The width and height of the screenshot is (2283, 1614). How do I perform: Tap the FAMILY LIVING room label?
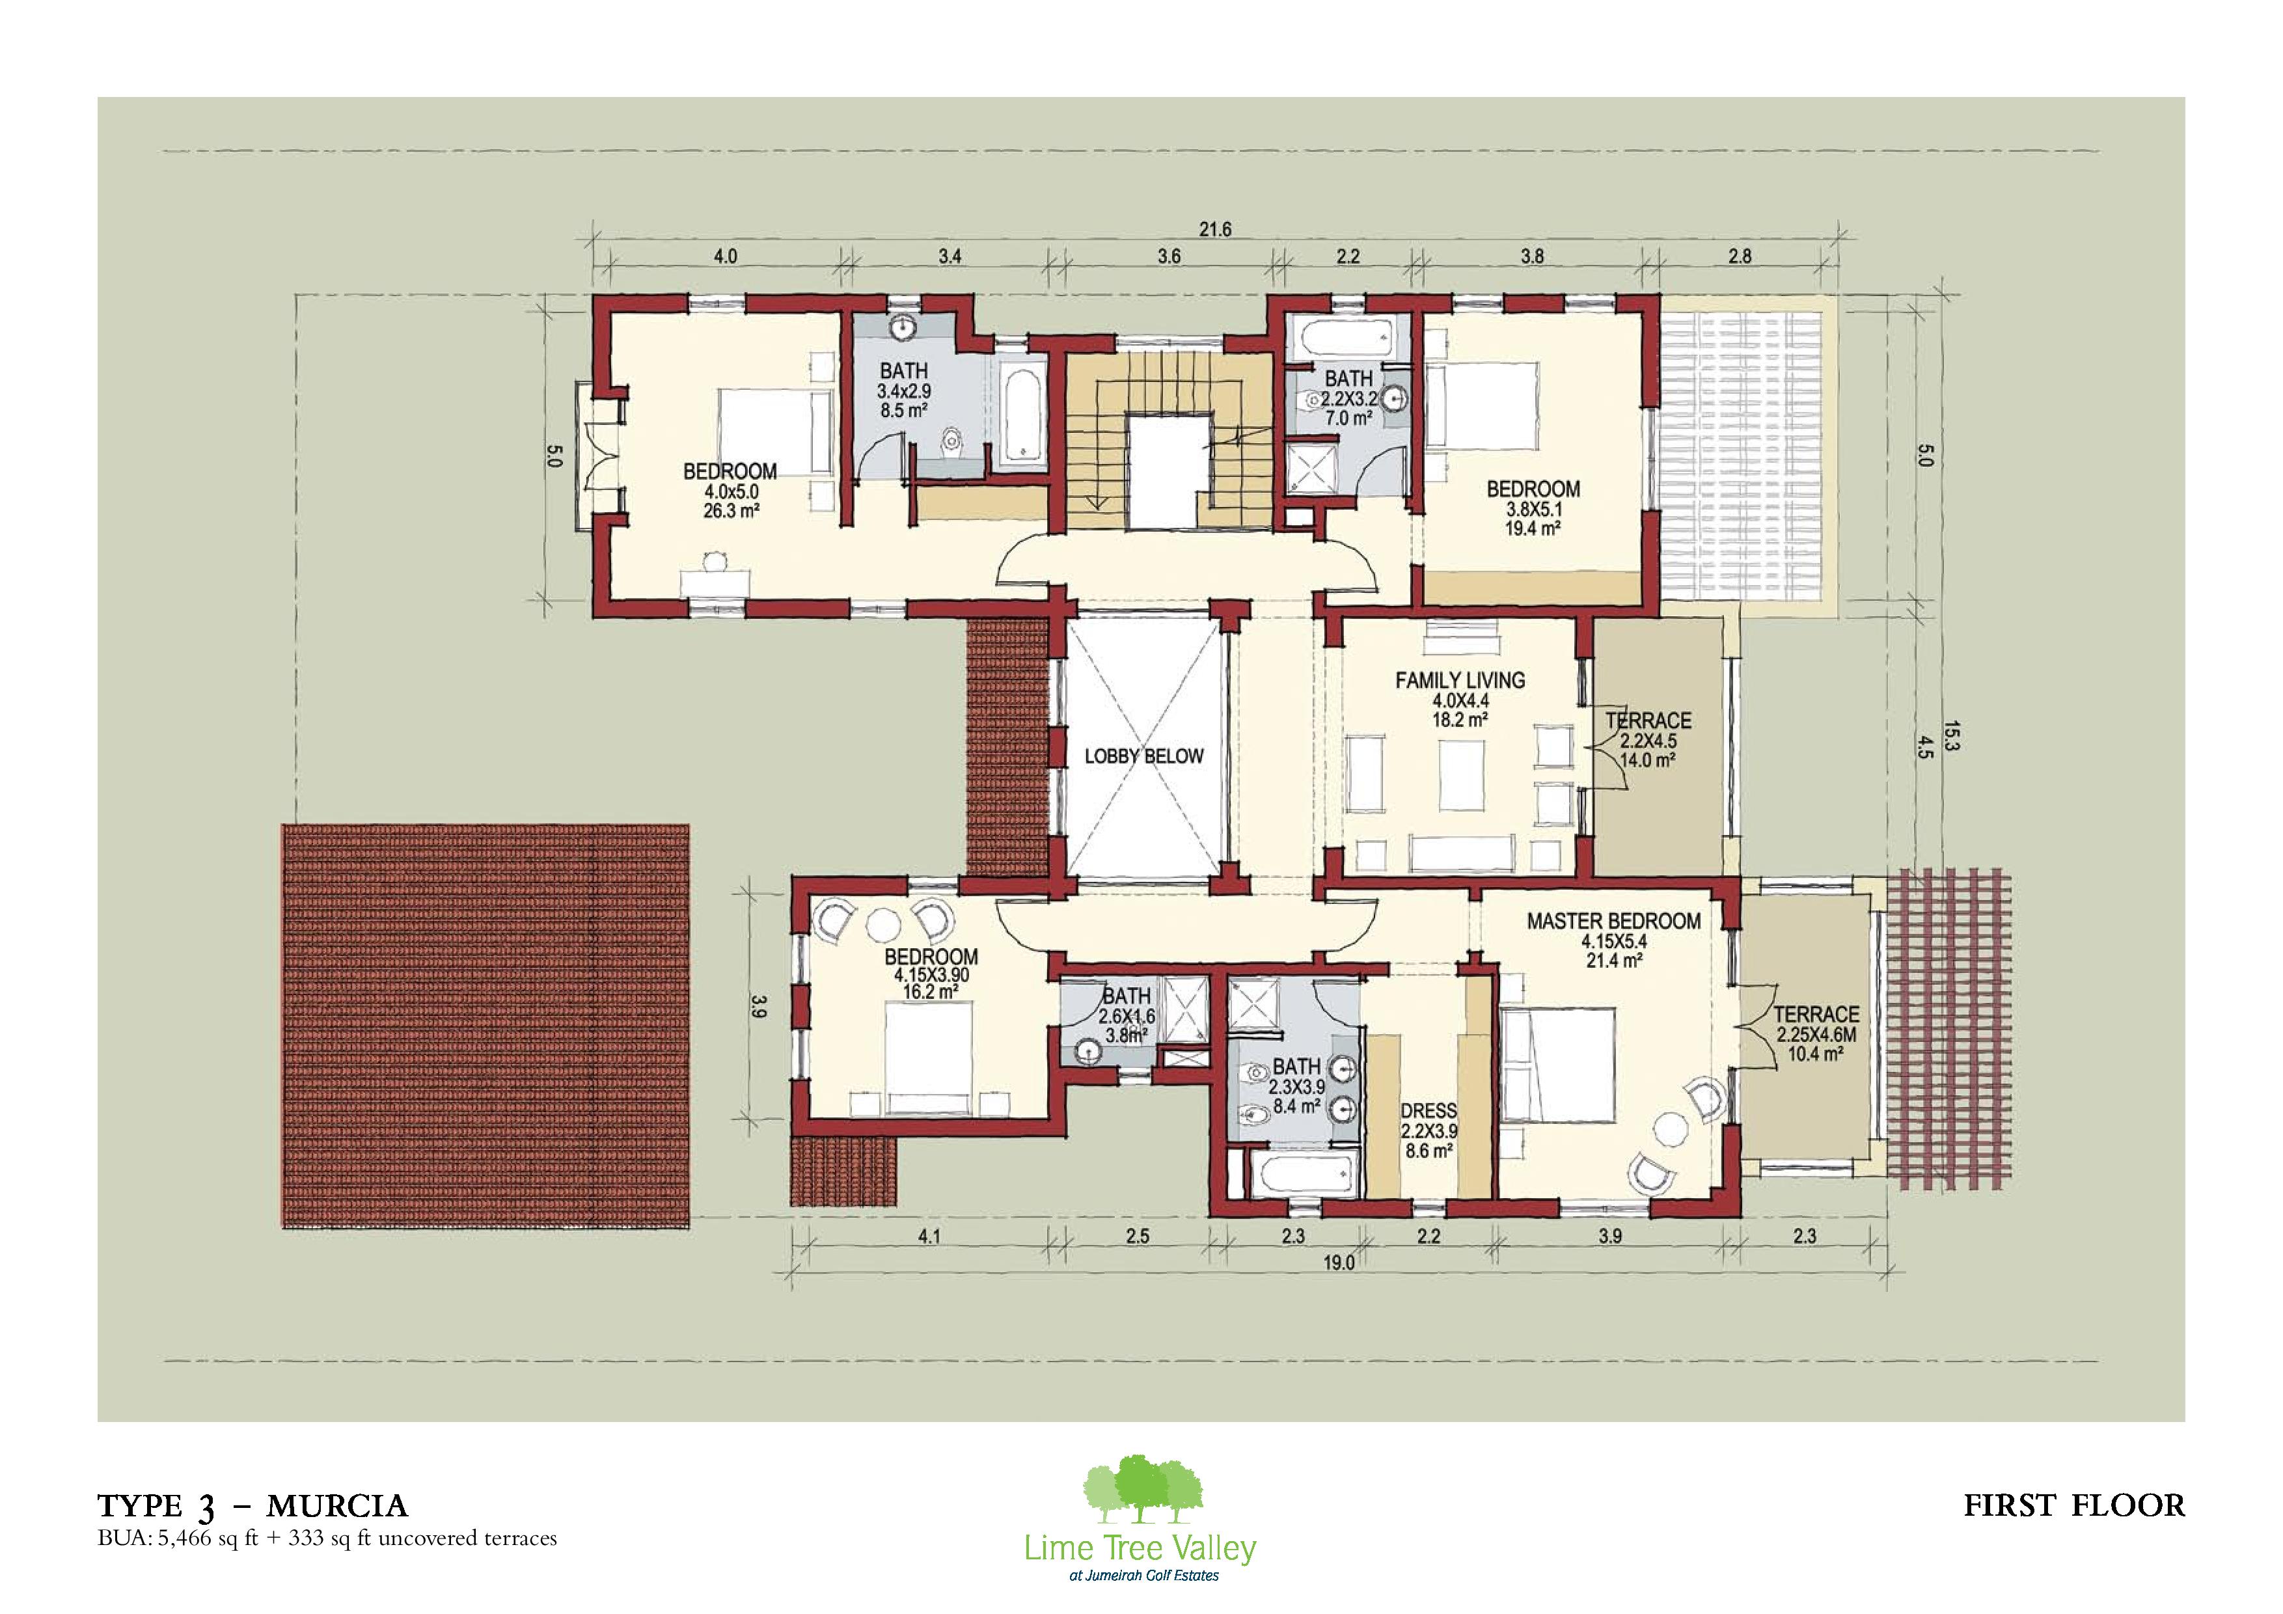point(1460,680)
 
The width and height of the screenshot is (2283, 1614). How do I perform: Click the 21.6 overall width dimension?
point(1215,230)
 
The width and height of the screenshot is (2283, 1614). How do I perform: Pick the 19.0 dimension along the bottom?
point(1339,1264)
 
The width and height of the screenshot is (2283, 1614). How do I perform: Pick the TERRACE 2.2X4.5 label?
point(1648,740)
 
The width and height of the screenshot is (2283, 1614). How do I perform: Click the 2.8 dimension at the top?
point(1740,256)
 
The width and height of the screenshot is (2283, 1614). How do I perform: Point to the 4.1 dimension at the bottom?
point(928,1237)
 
